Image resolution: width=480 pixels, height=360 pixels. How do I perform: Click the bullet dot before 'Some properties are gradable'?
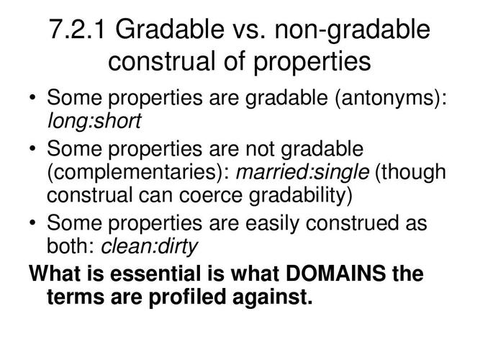(33, 98)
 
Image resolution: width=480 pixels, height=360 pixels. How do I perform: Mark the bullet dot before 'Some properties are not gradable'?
(33, 150)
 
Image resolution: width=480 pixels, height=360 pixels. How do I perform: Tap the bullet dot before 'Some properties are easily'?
(33, 223)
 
